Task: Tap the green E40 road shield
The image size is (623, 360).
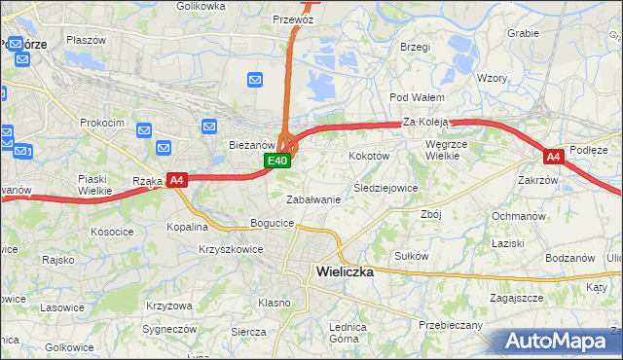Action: click(278, 161)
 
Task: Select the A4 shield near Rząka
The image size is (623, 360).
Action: click(175, 180)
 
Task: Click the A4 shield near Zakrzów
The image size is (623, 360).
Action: click(553, 157)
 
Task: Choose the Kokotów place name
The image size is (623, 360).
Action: click(369, 156)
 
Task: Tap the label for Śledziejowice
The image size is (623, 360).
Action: click(385, 188)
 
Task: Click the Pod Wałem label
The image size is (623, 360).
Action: click(417, 97)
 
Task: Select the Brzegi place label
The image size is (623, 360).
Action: click(415, 46)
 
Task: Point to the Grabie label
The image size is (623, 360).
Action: click(523, 32)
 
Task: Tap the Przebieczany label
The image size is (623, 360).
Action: click(450, 325)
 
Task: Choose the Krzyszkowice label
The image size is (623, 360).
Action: click(231, 249)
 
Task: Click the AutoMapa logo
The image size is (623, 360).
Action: click(558, 341)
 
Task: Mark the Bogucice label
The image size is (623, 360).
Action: click(272, 224)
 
